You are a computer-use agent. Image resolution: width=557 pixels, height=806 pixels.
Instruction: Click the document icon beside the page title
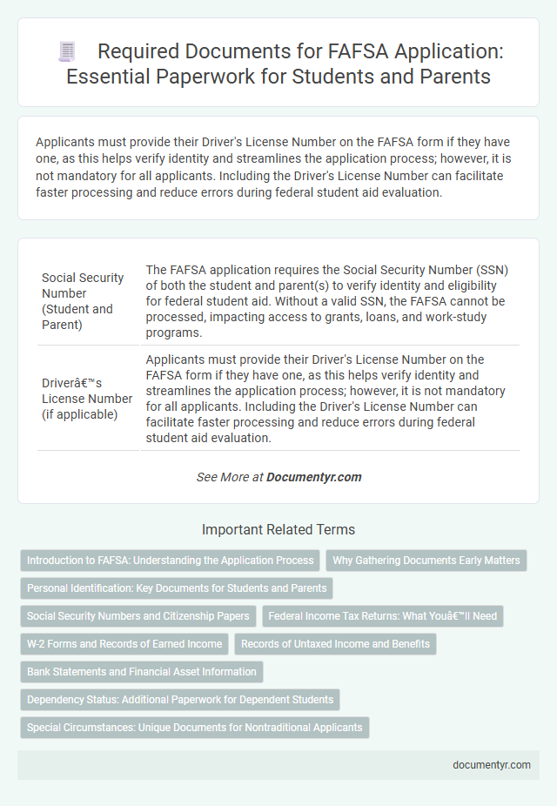click(x=68, y=51)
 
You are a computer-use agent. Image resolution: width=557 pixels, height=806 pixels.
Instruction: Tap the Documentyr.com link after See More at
click(x=313, y=477)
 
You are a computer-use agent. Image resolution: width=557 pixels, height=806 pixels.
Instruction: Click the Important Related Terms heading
click(x=278, y=529)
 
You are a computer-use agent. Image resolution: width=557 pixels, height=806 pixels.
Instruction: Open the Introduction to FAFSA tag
click(x=170, y=560)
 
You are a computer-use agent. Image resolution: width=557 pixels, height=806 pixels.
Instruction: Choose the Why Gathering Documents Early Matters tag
click(x=426, y=560)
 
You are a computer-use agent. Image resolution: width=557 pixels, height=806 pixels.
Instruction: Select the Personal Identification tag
click(x=177, y=588)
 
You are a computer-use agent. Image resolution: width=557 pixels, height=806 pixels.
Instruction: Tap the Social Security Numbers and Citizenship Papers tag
click(x=138, y=615)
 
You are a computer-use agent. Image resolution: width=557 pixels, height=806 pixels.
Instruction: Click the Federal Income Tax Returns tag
click(x=383, y=615)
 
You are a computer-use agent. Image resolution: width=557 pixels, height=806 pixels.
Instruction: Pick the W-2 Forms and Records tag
click(x=124, y=643)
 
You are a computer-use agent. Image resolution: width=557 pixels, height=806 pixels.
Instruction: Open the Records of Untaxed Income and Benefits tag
click(x=335, y=643)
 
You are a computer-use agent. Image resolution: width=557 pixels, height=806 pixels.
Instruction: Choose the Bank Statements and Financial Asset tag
click(x=142, y=671)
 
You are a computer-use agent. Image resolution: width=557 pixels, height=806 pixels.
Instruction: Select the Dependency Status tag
click(x=180, y=699)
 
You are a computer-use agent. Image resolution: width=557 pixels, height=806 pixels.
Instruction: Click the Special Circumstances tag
click(x=194, y=727)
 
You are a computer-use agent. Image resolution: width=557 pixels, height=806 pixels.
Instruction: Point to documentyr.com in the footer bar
click(x=492, y=764)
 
